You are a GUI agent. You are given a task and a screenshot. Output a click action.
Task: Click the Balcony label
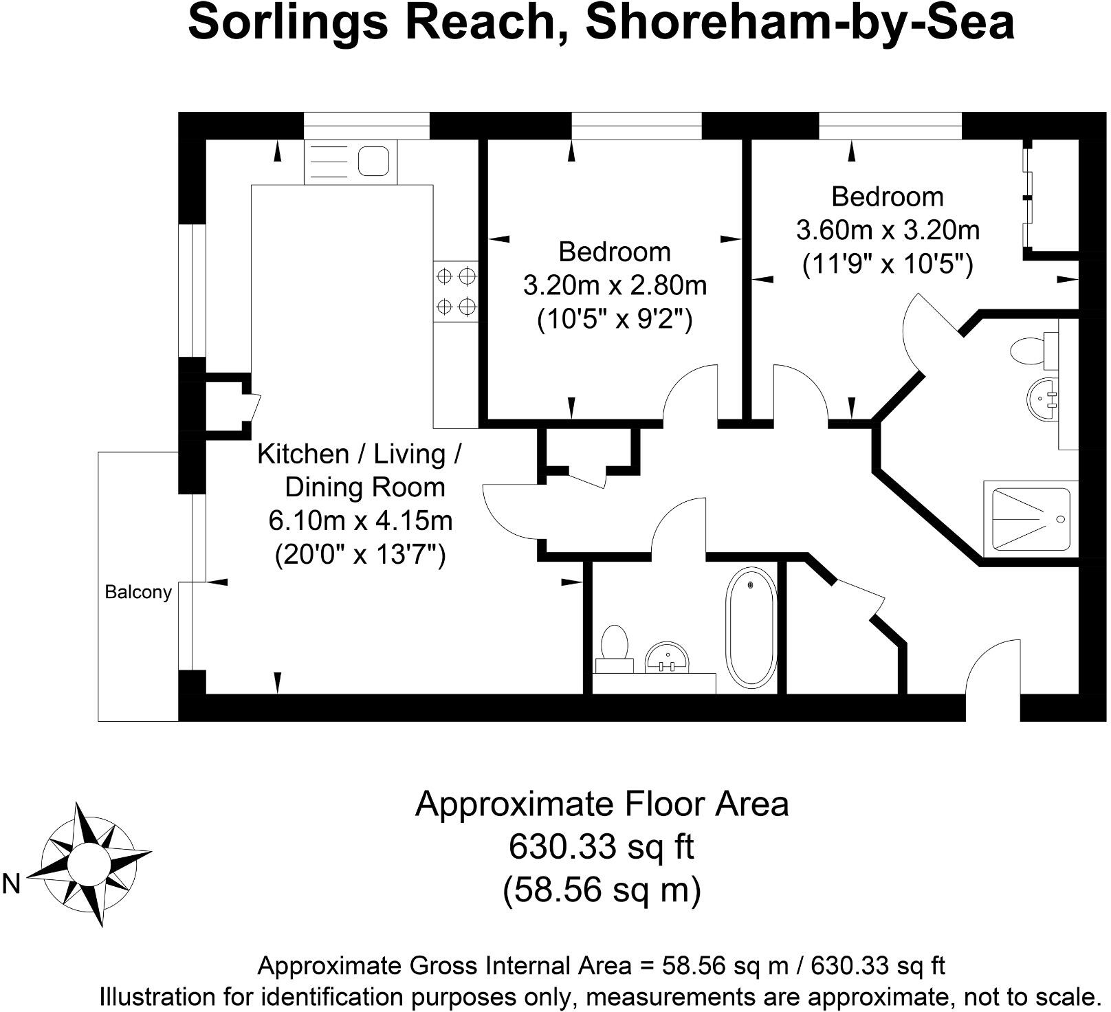click(x=137, y=592)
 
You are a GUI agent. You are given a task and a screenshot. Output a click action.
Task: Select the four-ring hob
click(x=455, y=290)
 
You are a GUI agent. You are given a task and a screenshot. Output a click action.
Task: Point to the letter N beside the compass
click(x=12, y=884)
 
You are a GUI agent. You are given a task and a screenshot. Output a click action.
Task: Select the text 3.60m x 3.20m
click(x=888, y=230)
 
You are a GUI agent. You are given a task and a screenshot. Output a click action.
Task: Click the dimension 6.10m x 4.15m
click(x=360, y=520)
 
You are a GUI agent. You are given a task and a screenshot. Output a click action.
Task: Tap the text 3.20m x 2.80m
click(x=615, y=285)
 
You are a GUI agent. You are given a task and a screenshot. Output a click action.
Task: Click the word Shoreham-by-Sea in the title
click(x=800, y=22)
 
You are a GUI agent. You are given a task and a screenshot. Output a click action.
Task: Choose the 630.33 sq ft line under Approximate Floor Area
click(x=602, y=846)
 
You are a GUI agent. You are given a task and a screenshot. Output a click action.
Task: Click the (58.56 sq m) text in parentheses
click(x=602, y=890)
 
